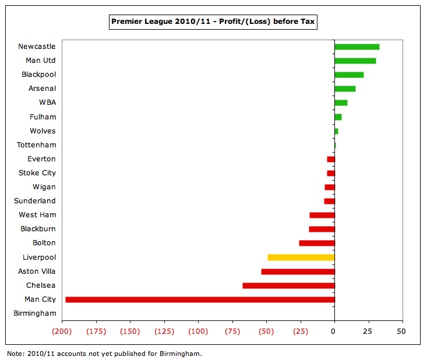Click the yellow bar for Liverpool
(x=301, y=257)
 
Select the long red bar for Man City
(x=200, y=299)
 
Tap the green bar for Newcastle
(x=357, y=47)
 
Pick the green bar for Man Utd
(x=355, y=61)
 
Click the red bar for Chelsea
(x=288, y=285)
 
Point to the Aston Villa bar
(x=298, y=271)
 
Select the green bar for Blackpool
(x=349, y=75)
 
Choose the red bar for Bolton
(x=317, y=243)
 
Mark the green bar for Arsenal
(x=345, y=89)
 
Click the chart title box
(x=213, y=23)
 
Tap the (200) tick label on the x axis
(x=62, y=331)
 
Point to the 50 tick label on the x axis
(x=401, y=331)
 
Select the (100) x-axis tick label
(x=198, y=331)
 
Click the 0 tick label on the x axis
(x=333, y=331)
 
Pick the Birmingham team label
(x=34, y=313)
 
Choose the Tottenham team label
(x=36, y=145)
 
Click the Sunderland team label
(x=35, y=201)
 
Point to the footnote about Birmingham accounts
(x=104, y=354)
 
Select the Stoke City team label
(x=37, y=173)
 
